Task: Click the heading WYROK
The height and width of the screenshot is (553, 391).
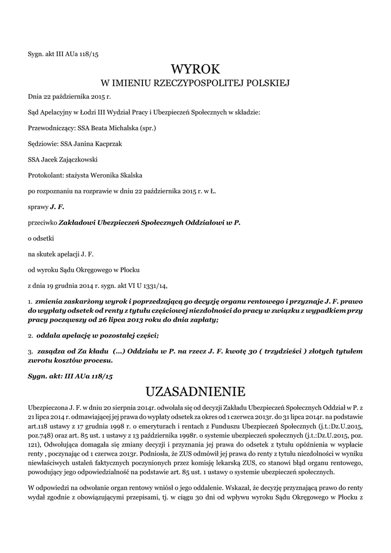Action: coord(195,69)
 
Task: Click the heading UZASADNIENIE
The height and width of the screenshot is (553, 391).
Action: coord(195,390)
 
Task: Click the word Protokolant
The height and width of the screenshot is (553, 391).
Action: coord(45,175)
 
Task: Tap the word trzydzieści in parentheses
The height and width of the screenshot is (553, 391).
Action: coord(276,351)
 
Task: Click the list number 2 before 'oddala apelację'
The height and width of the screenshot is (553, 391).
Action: coord(30,335)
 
